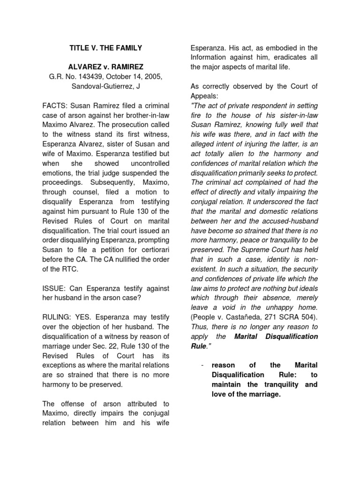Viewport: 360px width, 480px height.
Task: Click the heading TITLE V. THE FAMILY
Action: click(x=105, y=48)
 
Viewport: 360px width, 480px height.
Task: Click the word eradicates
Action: click(x=287, y=58)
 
